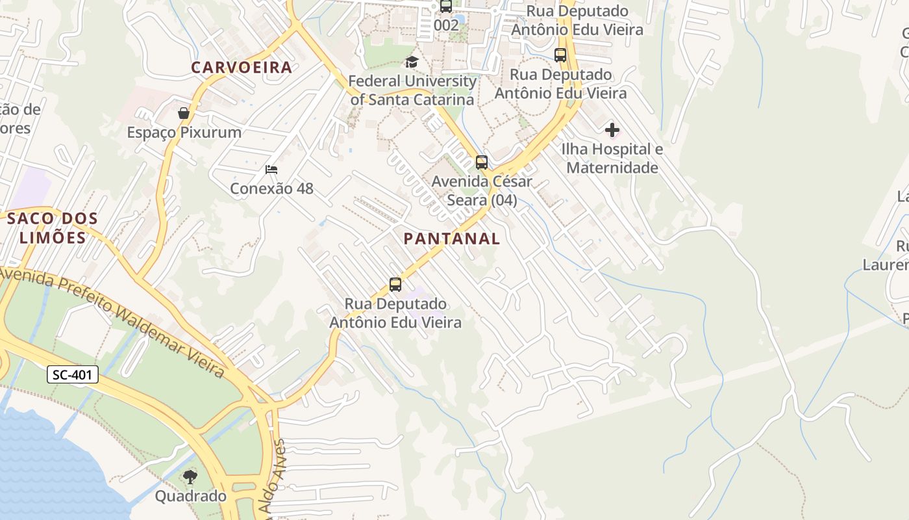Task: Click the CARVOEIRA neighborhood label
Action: (242, 67)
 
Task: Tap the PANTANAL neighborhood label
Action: (452, 239)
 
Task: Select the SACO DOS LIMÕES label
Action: (53, 227)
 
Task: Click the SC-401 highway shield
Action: (73, 374)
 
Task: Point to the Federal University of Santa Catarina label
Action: (413, 90)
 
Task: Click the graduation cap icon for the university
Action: (412, 62)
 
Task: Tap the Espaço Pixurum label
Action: (184, 132)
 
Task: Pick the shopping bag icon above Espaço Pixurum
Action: (184, 113)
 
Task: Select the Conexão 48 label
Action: (271, 188)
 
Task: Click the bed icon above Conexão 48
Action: (271, 170)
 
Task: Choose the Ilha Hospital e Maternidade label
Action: (612, 158)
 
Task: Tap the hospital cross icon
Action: (612, 130)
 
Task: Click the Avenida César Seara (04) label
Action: (482, 190)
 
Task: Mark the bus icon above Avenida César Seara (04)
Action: (481, 162)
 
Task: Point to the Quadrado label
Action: (190, 496)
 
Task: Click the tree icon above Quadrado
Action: (190, 478)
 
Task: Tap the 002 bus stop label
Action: (446, 25)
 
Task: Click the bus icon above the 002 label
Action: (446, 6)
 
